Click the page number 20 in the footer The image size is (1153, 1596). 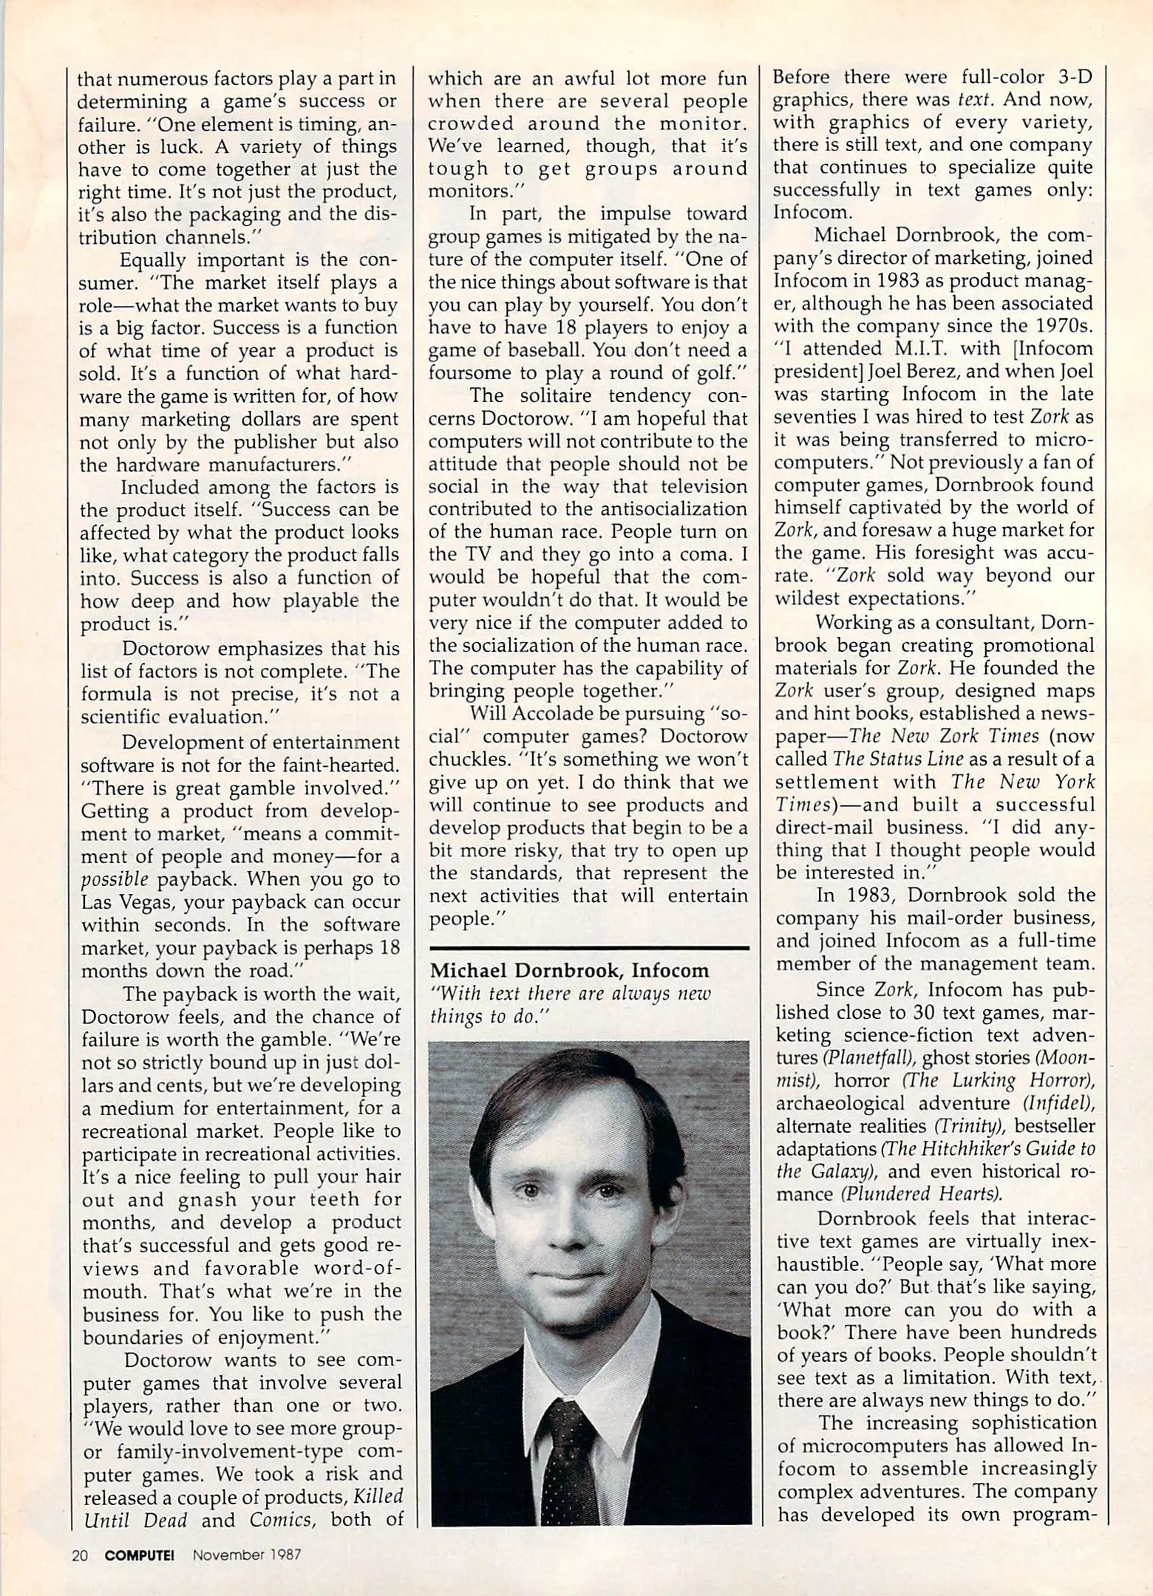80,1555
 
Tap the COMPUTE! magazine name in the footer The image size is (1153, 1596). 139,1555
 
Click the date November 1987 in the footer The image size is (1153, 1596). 247,1555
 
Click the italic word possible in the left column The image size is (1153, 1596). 115,879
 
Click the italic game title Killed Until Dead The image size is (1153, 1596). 244,1508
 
